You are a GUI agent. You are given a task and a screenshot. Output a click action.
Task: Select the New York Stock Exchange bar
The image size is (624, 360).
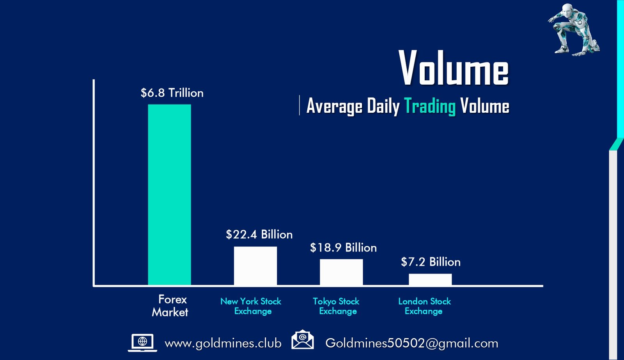point(255,266)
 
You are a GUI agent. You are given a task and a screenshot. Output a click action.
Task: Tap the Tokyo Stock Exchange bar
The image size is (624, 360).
point(341,272)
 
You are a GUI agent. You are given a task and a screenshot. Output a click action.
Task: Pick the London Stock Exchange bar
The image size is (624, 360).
point(430,279)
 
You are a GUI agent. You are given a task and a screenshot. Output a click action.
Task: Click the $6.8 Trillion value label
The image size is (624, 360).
point(172,93)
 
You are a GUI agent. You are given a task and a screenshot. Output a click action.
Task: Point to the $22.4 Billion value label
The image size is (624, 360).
point(259,234)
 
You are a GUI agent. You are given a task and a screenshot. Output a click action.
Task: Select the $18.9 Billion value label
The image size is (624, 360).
point(343,248)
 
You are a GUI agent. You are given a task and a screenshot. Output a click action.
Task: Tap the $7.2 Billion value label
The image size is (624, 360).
point(431,262)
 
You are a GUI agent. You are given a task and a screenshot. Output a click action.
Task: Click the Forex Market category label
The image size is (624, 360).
point(170,306)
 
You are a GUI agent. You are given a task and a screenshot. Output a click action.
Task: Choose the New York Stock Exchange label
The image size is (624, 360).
point(251,306)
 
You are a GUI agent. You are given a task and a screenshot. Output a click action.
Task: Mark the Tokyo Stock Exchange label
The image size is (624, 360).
point(336,306)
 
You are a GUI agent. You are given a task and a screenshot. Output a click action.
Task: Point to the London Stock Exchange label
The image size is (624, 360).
point(424,306)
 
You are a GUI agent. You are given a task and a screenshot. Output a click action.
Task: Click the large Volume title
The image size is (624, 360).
point(454,69)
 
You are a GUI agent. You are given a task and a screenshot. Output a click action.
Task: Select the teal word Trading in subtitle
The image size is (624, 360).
point(429,106)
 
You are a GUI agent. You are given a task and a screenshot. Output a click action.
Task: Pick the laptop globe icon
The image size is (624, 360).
point(142,343)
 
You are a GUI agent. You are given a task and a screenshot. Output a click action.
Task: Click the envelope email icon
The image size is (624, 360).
point(302,340)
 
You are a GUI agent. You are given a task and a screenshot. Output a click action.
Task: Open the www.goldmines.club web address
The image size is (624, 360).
point(223,343)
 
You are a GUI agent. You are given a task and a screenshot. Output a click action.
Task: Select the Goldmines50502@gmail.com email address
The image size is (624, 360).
point(412,343)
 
